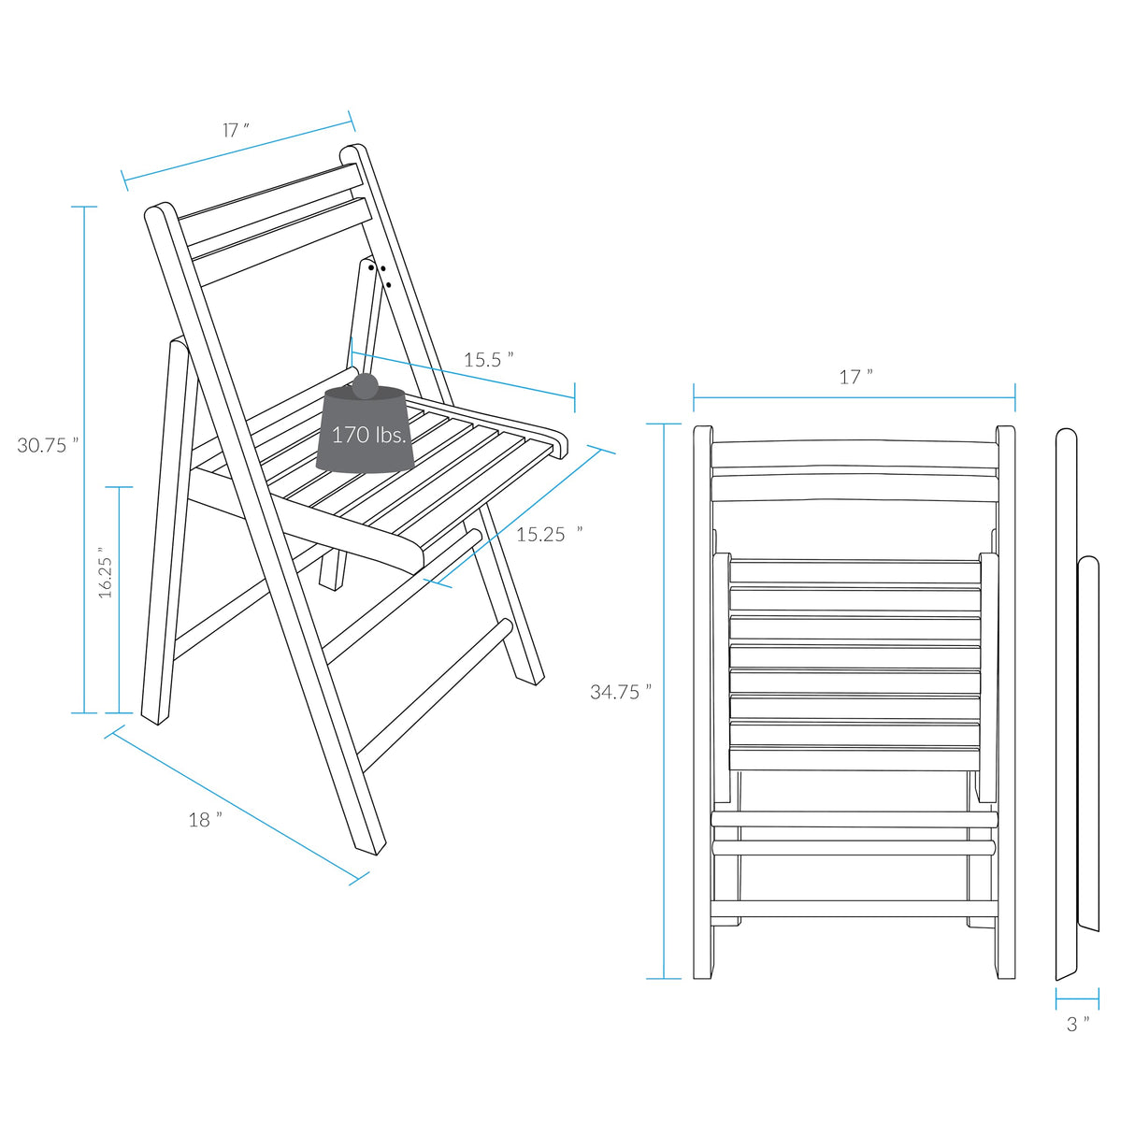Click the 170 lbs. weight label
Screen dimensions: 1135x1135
(369, 435)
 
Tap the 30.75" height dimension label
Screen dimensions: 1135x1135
(48, 445)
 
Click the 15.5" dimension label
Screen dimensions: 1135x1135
(488, 360)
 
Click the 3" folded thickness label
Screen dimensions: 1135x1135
(1078, 1025)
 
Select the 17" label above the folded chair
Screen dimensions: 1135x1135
(855, 377)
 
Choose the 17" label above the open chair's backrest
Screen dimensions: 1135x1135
(236, 130)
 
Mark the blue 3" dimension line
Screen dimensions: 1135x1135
(1077, 999)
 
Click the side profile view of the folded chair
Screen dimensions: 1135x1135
(1076, 701)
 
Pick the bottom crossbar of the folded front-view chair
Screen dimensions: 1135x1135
(854, 908)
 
